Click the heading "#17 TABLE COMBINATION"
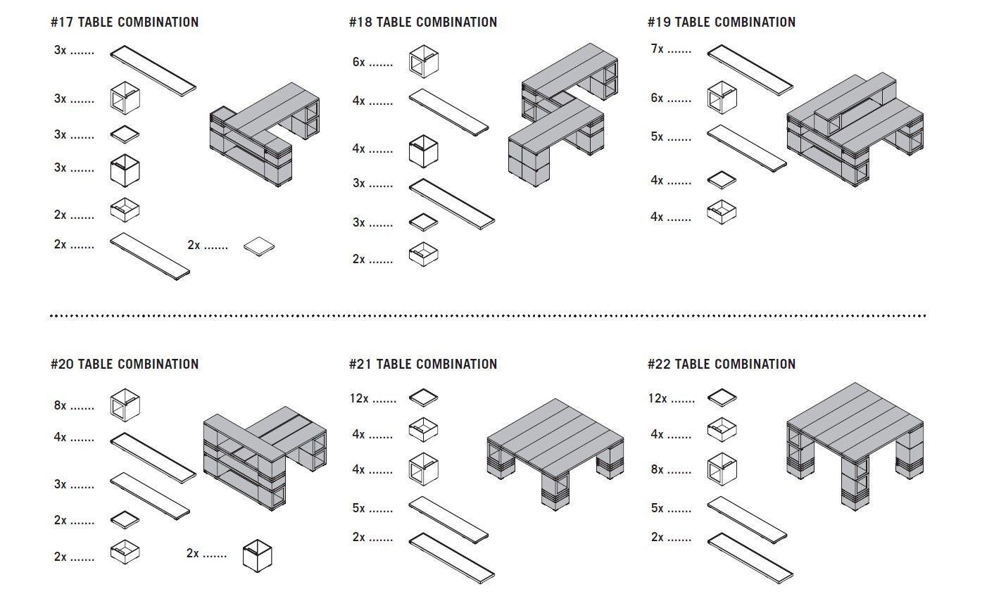tap(125, 23)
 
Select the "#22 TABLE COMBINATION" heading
tap(722, 365)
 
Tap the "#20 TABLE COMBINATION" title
tap(125, 365)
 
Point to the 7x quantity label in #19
tap(658, 49)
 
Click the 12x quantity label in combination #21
tap(360, 398)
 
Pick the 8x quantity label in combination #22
tap(658, 469)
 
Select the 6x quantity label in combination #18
tap(359, 62)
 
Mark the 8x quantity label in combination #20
tap(61, 405)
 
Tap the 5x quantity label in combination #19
tap(658, 137)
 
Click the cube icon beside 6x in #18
tap(424, 61)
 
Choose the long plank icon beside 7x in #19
tap(750, 69)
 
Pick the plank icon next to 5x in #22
tap(747, 517)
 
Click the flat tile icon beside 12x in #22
tap(722, 398)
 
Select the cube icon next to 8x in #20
tap(125, 405)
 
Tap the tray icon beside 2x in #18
tap(424, 254)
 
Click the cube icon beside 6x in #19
tap(722, 97)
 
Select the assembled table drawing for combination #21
tap(555, 450)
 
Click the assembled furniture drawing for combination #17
tap(264, 137)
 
